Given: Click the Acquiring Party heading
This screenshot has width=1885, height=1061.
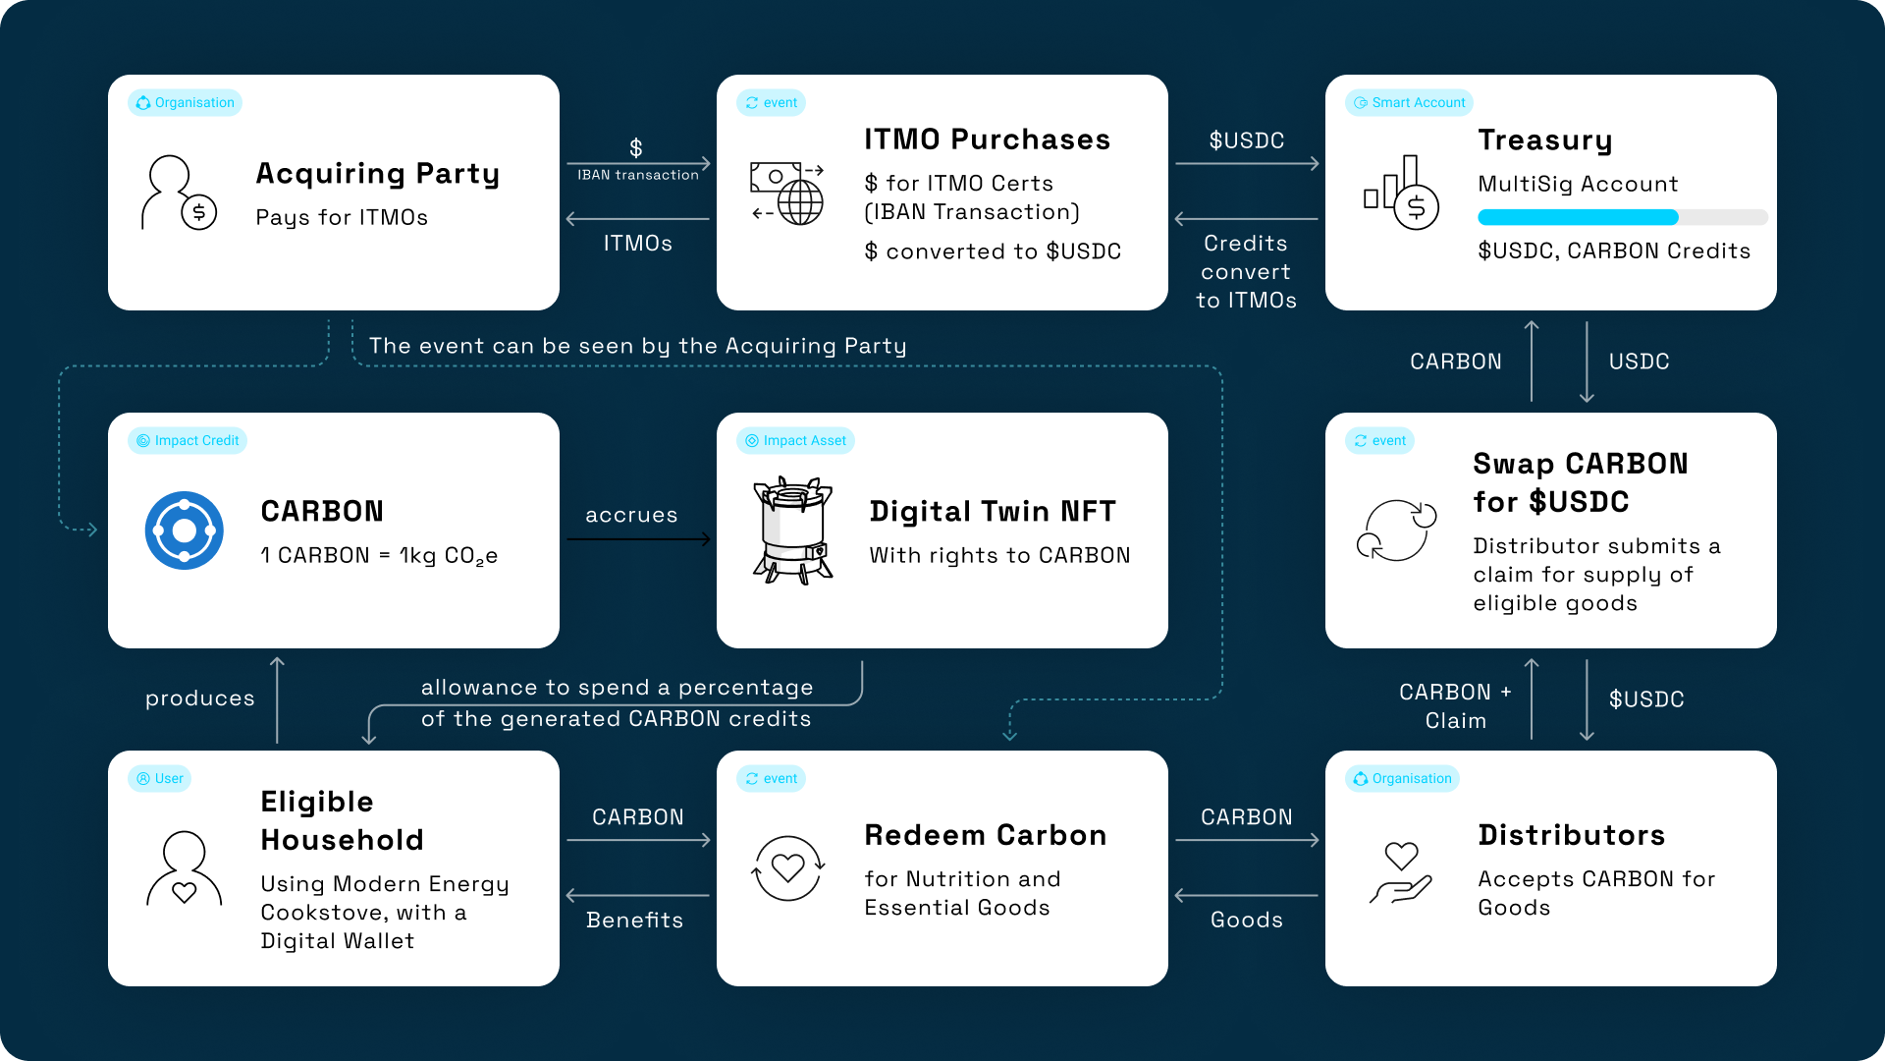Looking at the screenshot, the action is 378,174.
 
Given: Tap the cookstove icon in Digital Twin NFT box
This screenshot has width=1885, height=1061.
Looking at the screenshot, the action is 792,530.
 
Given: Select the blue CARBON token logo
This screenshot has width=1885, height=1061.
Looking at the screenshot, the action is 185,530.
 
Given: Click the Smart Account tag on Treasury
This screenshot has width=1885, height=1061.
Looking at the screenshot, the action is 1409,103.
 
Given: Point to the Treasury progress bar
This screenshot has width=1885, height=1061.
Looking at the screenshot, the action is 1623,217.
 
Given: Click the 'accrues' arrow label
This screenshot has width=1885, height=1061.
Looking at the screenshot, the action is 631,515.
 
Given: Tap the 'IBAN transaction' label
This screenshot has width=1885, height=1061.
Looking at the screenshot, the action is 638,175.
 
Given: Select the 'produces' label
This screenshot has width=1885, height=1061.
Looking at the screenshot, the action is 200,698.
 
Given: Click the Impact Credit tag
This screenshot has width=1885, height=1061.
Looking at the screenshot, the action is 188,441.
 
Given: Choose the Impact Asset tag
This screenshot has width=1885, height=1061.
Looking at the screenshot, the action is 795,441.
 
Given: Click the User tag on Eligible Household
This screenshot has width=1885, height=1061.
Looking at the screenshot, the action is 159,779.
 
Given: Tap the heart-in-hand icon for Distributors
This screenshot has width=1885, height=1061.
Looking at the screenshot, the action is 1401,872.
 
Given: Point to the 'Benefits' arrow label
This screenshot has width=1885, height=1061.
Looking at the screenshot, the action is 635,921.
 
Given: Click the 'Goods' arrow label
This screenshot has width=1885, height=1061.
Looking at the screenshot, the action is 1247,921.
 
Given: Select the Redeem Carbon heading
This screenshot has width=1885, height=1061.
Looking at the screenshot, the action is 986,835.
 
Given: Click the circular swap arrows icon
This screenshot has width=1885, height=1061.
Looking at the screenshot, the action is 1397,530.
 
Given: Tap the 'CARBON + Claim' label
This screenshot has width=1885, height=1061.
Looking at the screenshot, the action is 1456,706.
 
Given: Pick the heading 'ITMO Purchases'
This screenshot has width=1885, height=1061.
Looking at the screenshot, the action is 988,140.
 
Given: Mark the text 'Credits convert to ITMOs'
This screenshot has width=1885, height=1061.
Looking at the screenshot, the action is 1247,272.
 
